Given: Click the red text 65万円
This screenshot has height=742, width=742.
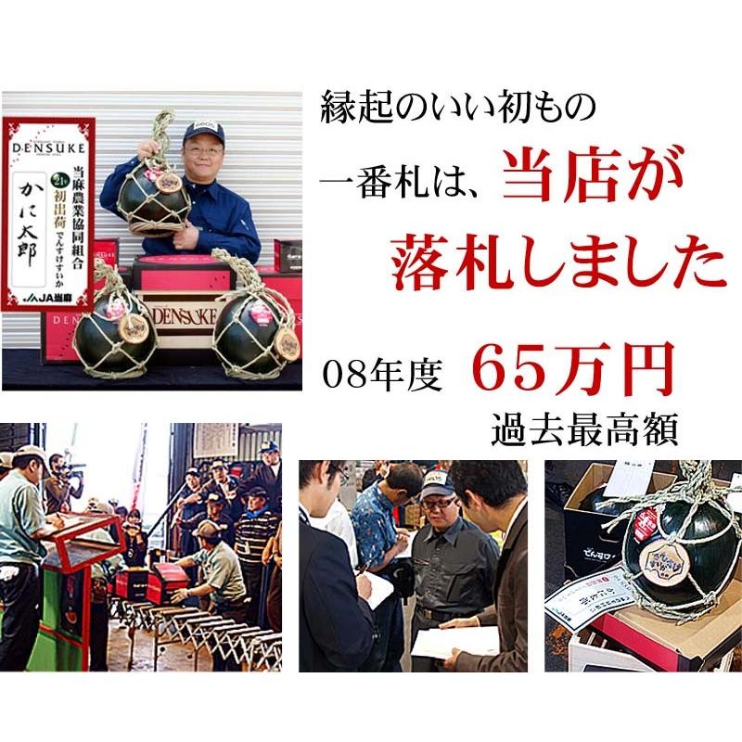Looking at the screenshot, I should pos(572,370).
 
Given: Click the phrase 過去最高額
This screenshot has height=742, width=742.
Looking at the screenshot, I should pos(584,429).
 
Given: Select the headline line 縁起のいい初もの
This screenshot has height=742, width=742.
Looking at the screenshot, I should pos(454,109).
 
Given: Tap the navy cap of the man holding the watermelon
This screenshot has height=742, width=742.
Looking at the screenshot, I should pos(203,131).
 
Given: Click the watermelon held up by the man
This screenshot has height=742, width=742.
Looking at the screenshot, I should pos(152,195).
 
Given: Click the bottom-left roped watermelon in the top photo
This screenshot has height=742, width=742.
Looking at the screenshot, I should pos(113,332).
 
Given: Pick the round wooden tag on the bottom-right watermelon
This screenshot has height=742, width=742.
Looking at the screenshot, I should pos(288,343).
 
